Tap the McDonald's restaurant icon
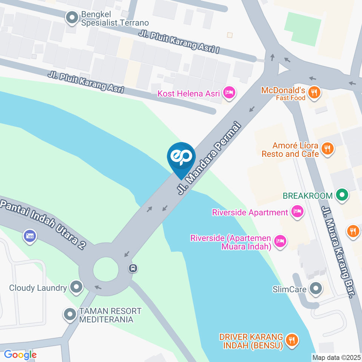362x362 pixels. pyautogui.click(x=314, y=92)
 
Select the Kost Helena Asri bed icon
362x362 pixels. pyautogui.click(x=229, y=92)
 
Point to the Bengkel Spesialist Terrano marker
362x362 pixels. pyautogui.click(x=72, y=17)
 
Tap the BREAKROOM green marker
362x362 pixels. pyautogui.click(x=342, y=195)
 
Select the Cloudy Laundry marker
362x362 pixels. pyautogui.click(x=77, y=288)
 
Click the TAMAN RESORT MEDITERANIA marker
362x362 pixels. pyautogui.click(x=70, y=315)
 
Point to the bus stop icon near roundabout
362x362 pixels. pyautogui.click(x=133, y=268)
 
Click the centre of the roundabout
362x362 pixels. pyautogui.click(x=105, y=270)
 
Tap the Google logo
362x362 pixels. pyautogui.click(x=20, y=354)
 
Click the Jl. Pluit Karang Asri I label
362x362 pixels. pyautogui.click(x=179, y=42)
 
